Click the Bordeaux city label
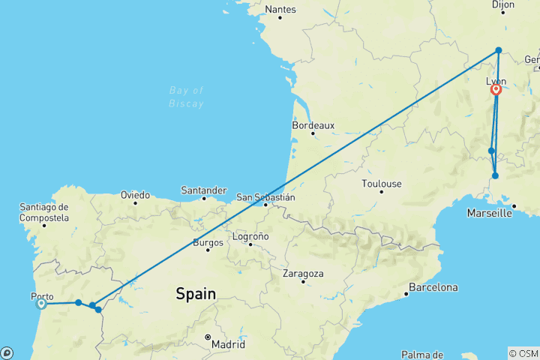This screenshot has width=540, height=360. tap(313, 125)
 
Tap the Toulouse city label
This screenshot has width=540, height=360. tap(381, 184)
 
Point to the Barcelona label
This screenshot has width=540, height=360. tap(432, 287)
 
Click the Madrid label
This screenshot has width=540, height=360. tap(228, 344)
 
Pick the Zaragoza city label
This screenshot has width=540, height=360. tap(303, 274)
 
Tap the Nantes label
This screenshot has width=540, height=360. tap(280, 10)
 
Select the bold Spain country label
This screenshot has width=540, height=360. tap(196, 294)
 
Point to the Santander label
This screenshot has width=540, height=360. tap(203, 190)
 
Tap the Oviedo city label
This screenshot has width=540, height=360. tap(135, 195)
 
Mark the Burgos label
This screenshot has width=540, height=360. tap(208, 242)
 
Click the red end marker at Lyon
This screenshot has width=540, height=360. tap(496, 90)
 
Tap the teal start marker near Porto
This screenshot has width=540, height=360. tap(41, 303)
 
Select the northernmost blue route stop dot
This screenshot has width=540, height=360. tap(499, 50)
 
